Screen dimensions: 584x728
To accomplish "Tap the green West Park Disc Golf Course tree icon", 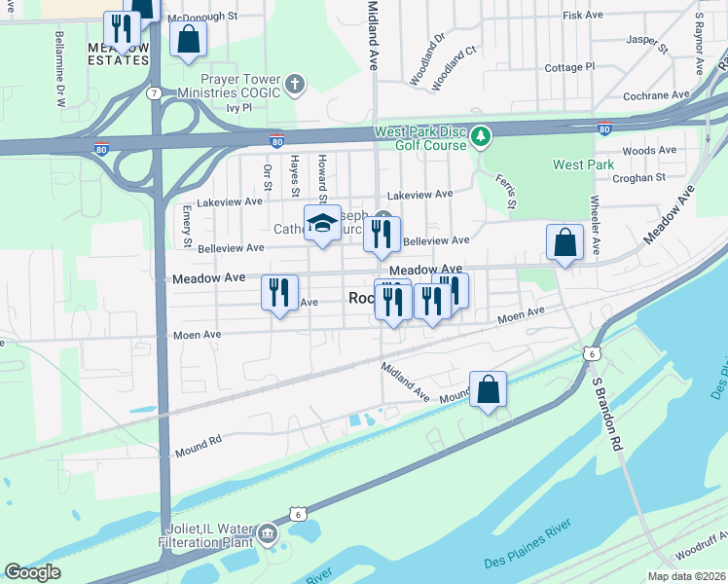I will (480, 135).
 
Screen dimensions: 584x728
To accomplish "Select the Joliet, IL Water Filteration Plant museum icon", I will (267, 534).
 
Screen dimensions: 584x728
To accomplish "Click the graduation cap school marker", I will (322, 225).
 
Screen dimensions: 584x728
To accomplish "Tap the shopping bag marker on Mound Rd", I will (489, 389).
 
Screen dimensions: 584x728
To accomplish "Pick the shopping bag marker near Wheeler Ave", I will (564, 241).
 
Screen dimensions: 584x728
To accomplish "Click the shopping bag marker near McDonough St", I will (188, 39).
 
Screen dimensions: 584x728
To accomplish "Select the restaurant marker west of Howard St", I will (280, 293).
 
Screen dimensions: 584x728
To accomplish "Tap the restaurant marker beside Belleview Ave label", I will (382, 234).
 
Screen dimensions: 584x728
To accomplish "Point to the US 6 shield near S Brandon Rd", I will (590, 352).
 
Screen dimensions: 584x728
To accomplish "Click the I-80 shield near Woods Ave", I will (604, 128).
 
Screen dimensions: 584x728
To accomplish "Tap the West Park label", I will (583, 164).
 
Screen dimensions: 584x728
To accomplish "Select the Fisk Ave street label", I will (583, 16).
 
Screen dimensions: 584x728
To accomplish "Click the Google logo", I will (32, 572).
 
